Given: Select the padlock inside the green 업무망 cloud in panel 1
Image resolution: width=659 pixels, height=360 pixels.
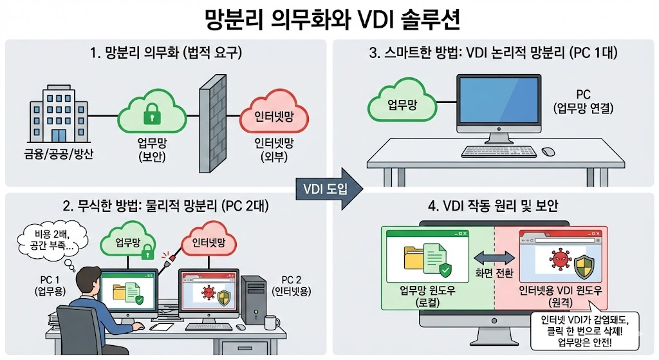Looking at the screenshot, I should [151, 116].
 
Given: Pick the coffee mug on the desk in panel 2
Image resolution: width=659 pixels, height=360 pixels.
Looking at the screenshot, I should [271, 322].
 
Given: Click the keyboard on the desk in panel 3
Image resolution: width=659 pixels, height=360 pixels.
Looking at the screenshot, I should [499, 152].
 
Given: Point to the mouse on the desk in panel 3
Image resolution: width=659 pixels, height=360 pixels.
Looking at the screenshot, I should [548, 151].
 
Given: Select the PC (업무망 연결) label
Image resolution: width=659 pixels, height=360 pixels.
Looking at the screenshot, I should [583, 102].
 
